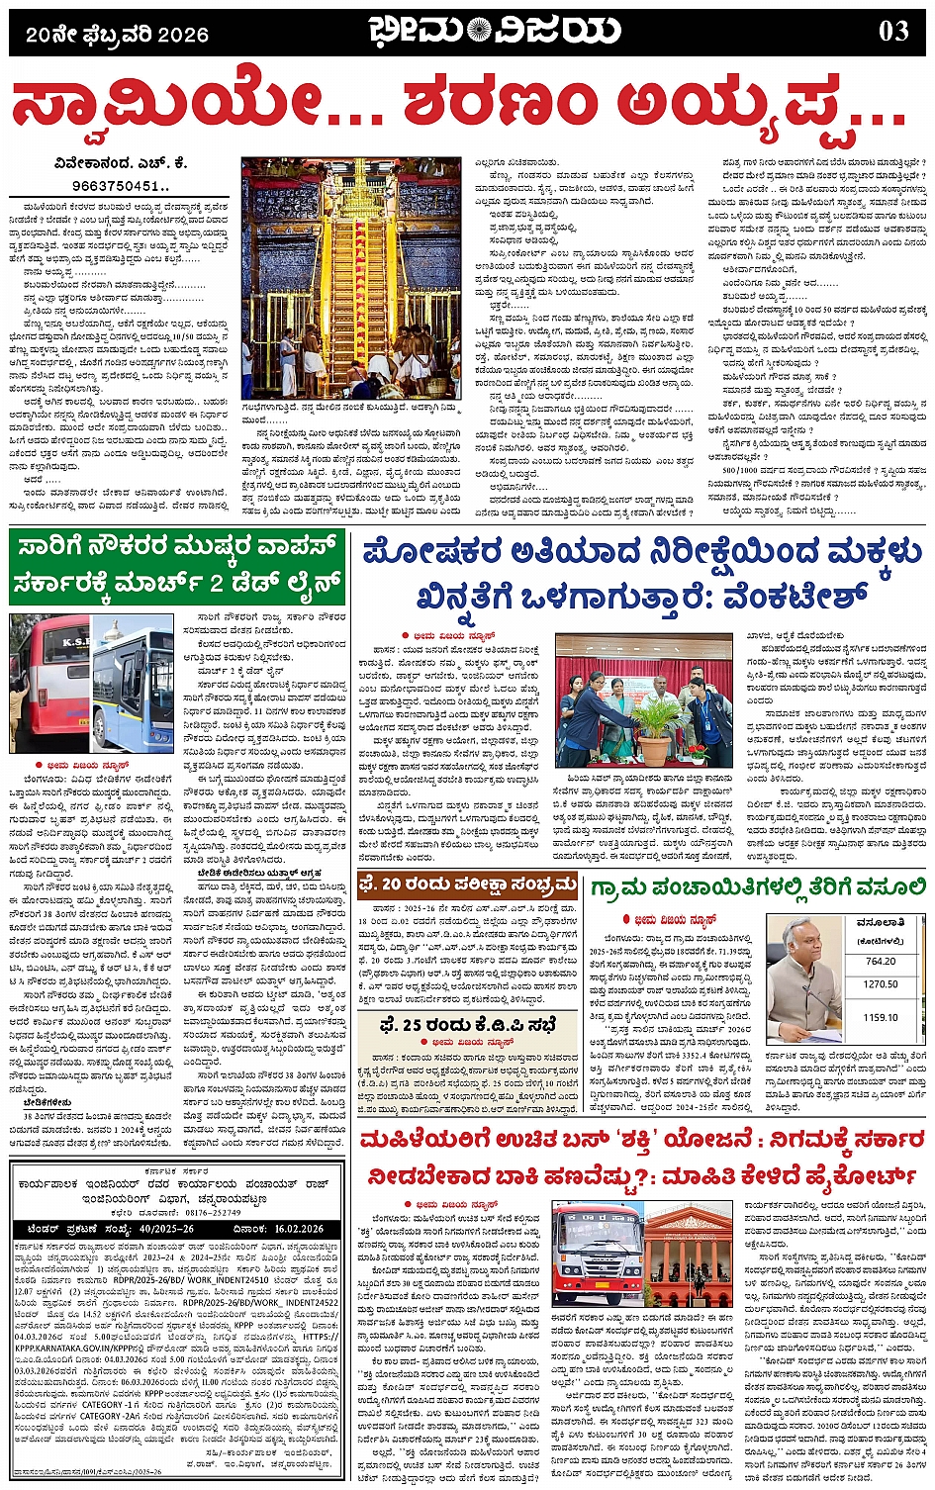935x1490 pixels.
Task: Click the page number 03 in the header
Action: [892, 32]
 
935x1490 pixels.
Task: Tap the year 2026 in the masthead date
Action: [180, 36]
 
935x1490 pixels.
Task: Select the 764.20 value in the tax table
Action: [880, 962]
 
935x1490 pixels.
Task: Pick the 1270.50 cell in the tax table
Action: [880, 985]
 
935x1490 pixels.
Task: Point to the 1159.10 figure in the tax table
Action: [880, 1016]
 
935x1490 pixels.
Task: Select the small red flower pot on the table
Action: [697, 756]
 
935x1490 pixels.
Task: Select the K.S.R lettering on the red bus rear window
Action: [49, 644]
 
